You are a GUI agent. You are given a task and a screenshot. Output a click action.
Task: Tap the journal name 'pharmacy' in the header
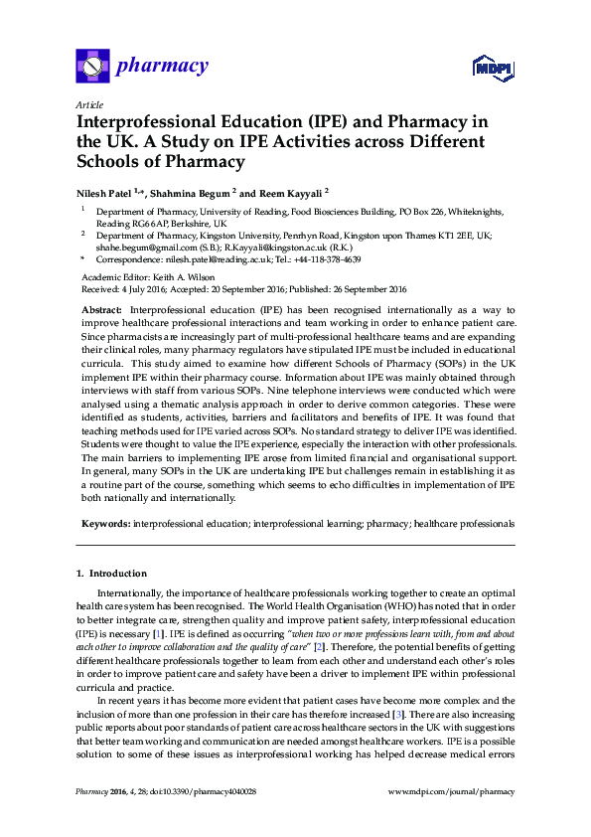pos(163,67)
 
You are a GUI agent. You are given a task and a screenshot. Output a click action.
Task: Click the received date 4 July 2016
pos(141,289)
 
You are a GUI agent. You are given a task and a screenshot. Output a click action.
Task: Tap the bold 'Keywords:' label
pos(104,522)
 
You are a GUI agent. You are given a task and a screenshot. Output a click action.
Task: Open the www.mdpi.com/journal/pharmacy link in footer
pos(451,792)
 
